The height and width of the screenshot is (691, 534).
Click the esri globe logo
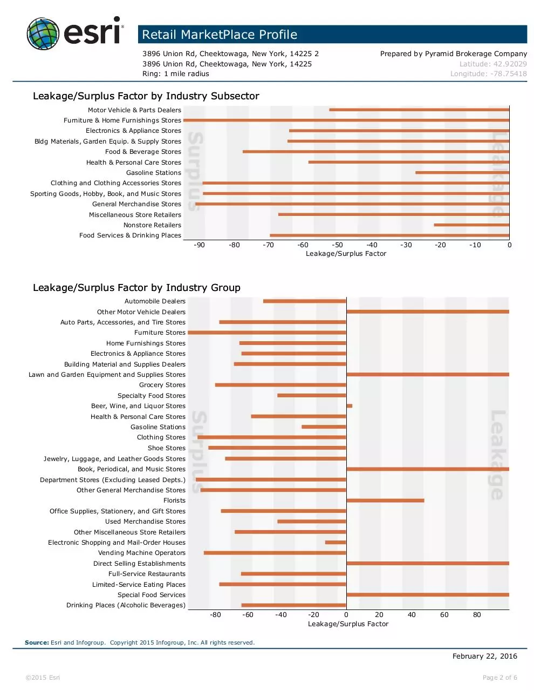pos(43,33)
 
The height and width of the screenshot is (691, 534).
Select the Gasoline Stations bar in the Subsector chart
pos(462,173)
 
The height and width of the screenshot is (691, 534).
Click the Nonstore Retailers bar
pos(471,225)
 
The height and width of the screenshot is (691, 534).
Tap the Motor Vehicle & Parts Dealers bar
pos(419,110)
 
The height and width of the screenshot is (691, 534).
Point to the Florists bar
pos(385,500)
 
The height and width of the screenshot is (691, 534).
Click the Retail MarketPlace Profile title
pos(220,35)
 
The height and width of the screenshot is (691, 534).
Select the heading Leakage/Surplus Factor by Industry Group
pos(136,287)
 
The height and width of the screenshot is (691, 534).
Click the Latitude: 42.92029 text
pos(493,64)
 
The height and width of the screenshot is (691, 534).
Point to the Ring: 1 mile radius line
pos(176,74)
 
